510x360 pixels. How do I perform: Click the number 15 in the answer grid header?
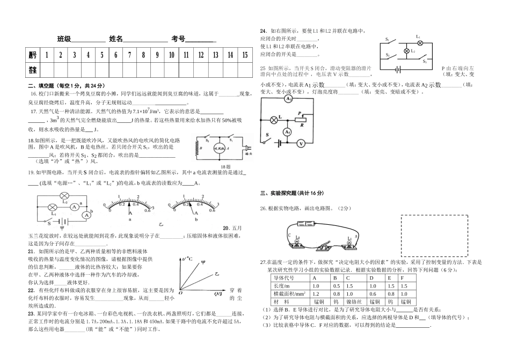[244, 55]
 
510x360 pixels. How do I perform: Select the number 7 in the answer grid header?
[129, 55]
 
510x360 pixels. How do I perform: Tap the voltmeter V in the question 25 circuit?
[301, 143]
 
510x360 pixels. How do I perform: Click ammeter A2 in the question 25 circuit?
[288, 99]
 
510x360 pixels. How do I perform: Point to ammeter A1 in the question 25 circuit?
[288, 131]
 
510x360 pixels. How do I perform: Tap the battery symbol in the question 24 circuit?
[398, 69]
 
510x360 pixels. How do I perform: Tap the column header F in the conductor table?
[402, 278]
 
